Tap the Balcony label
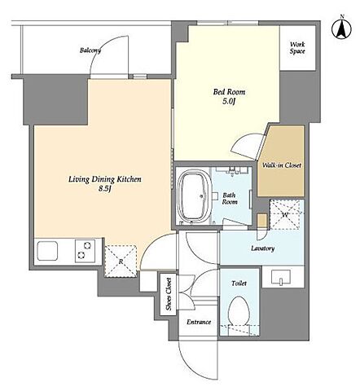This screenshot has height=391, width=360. tap(90, 51)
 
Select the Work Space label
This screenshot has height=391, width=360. tap(297, 48)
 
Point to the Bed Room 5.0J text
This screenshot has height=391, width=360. tap(229, 96)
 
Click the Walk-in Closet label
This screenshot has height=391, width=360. tap(282, 165)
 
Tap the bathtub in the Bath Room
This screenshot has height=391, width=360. tap(194, 195)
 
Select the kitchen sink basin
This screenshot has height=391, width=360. tap(47, 251)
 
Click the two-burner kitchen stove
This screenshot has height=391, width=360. tap(85, 251)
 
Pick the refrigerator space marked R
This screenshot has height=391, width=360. tap(121, 261)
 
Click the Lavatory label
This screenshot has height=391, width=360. tap(262, 248)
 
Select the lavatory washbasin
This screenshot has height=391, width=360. tap(281, 277)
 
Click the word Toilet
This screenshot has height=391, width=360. tap(239, 283)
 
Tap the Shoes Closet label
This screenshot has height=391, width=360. tap(169, 294)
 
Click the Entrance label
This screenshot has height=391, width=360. tap(199, 322)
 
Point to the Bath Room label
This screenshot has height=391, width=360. tap(230, 199)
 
